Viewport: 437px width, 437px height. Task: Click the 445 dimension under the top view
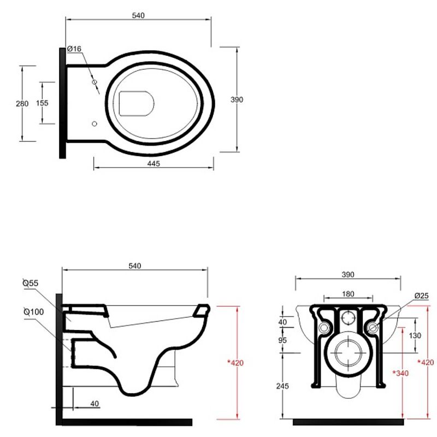coord(153,164)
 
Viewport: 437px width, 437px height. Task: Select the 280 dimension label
coord(22,104)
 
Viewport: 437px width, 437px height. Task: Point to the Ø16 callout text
coord(74,49)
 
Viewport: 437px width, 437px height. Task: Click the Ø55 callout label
coord(30,283)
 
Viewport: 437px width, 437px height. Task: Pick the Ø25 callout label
coord(421,296)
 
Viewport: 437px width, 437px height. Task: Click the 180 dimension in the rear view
coord(347,294)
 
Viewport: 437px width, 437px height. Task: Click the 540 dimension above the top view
coord(138,16)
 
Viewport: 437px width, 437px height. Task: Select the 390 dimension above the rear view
coord(348,274)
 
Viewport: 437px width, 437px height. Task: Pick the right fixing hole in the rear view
coord(373,328)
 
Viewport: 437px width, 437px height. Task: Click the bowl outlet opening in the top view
coord(135,102)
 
